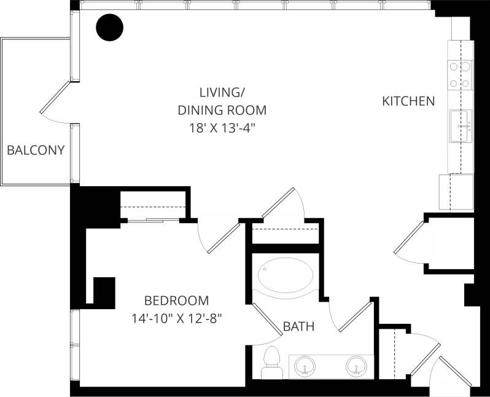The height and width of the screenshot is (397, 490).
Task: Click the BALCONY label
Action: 36,150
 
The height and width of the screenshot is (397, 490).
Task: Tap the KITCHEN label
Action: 408,101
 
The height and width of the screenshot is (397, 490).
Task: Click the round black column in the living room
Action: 110,27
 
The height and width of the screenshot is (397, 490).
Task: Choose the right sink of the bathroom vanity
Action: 356,366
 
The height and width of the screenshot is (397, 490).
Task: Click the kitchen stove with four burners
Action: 461,74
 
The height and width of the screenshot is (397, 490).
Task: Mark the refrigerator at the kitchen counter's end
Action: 456,192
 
